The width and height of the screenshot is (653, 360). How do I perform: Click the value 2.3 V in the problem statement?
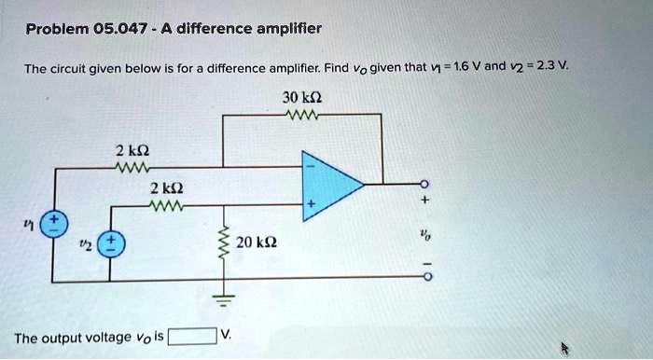click(551, 66)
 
